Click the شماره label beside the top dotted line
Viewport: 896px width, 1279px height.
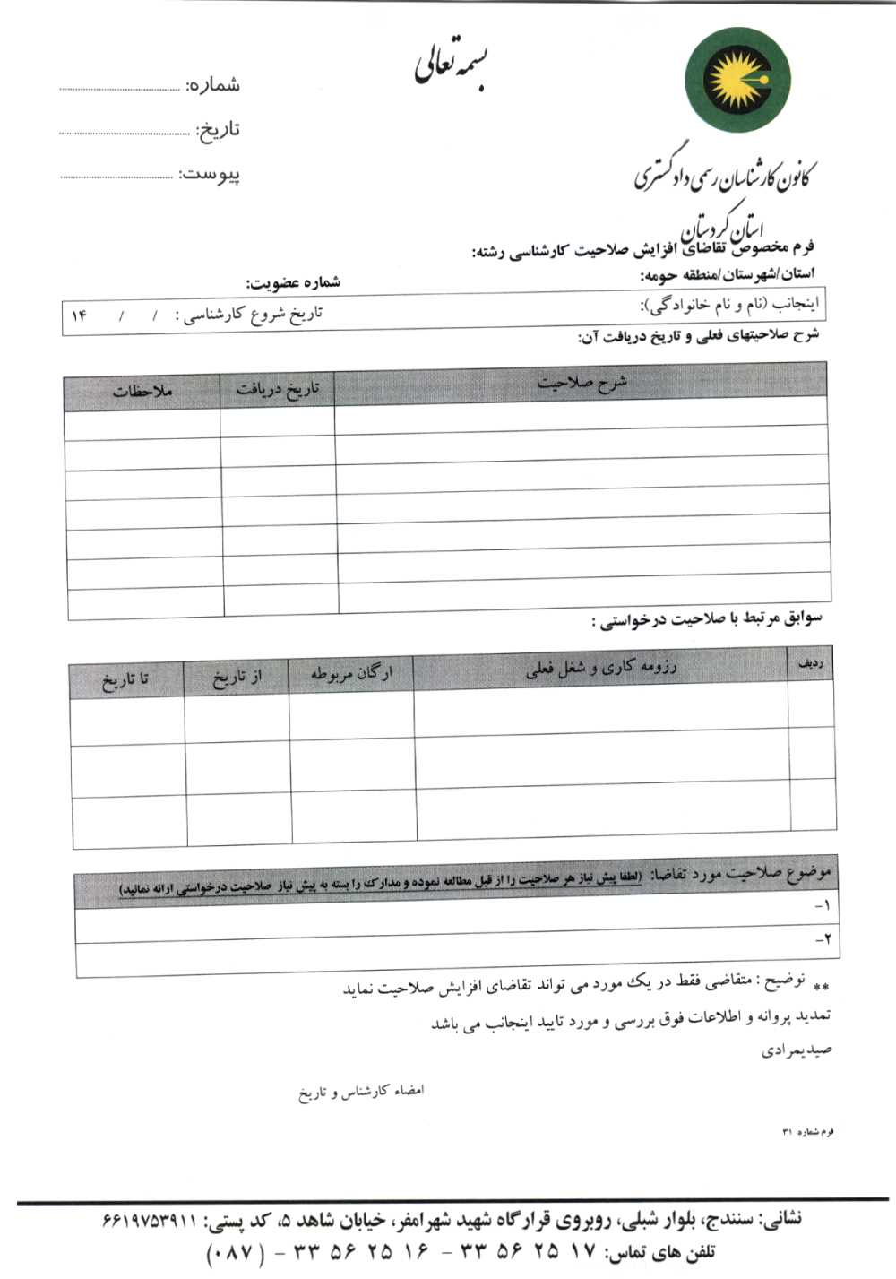[x=213, y=86]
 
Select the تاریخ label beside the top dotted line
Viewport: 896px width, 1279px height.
[x=218, y=130]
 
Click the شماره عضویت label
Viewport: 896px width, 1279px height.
[x=294, y=283]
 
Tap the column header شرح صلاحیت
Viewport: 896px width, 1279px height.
[x=582, y=384]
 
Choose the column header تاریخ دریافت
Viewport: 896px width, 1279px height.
[x=278, y=390]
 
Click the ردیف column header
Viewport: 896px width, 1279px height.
[x=810, y=663]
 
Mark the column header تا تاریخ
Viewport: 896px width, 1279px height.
[x=126, y=679]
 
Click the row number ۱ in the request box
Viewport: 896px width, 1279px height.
[x=823, y=907]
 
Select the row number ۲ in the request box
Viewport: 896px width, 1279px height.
[x=823, y=940]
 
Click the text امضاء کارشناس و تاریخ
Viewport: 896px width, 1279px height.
[x=361, y=1092]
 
